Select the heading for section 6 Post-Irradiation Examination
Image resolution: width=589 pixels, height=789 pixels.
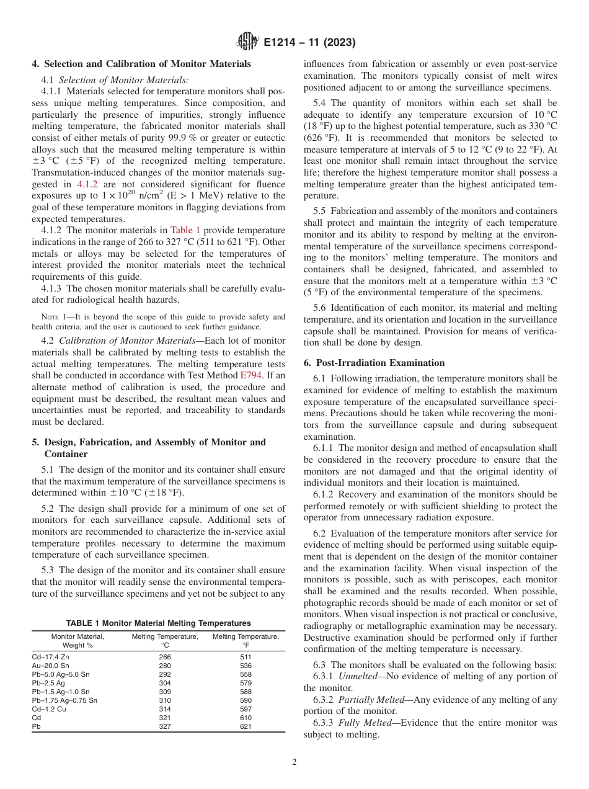click(374, 363)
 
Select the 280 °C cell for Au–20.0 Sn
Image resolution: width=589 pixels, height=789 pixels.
click(165, 666)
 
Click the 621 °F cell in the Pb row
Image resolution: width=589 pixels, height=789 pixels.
click(246, 726)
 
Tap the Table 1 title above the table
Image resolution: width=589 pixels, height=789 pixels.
click(158, 623)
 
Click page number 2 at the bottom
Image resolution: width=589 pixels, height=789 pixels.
click(294, 762)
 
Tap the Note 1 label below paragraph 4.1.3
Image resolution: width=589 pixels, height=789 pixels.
click(53, 317)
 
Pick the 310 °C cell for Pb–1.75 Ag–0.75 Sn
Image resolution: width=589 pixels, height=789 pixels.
click(165, 700)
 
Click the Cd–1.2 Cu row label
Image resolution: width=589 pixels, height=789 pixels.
click(48, 709)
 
